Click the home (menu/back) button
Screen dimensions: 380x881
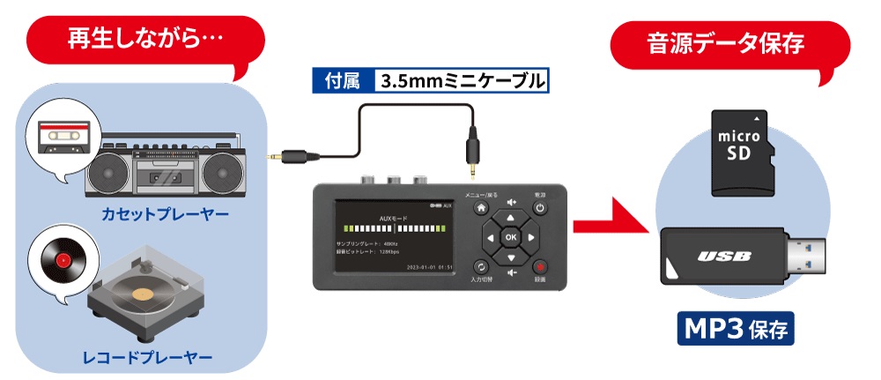(481, 209)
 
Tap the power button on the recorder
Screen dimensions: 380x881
(539, 209)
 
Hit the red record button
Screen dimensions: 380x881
(539, 265)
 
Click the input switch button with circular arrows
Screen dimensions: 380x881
(481, 265)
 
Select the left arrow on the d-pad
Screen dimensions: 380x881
(487, 236)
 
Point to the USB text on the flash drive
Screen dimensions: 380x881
(724, 257)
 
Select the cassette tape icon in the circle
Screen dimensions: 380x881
(61, 136)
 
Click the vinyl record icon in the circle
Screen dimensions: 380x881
(62, 262)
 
